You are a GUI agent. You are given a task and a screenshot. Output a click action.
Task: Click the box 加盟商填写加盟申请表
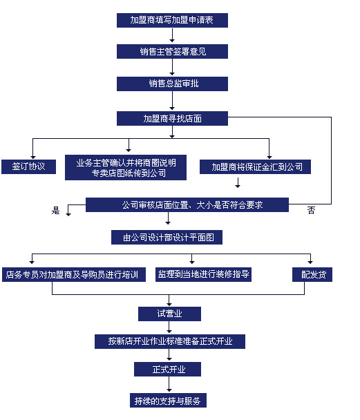pos(172,20)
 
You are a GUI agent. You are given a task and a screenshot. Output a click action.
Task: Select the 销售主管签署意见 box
pos(172,52)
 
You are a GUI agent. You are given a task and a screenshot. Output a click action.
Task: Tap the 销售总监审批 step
pos(172,84)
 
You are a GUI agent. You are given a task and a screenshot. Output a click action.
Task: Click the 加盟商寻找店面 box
pos(172,118)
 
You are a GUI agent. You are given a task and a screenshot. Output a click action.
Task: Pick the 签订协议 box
pos(28,166)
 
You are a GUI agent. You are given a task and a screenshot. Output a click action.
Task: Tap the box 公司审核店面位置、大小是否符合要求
pos(187,204)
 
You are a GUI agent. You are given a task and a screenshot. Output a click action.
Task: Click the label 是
pos(56,211)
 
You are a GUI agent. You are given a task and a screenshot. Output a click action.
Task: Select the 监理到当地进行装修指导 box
pos(202,274)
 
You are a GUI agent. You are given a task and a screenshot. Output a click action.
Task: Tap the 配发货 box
pos(312,274)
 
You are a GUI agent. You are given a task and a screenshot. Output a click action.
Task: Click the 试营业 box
pos(169,314)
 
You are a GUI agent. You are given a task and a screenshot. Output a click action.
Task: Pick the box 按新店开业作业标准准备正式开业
pos(169,341)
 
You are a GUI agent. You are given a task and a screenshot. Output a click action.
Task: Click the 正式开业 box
pos(169,370)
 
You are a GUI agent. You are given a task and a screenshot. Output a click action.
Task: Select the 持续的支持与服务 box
pos(169,401)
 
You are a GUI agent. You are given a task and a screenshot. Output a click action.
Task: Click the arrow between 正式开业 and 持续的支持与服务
pos(169,385)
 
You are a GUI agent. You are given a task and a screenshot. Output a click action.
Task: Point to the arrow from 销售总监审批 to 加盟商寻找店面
pos(172,101)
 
